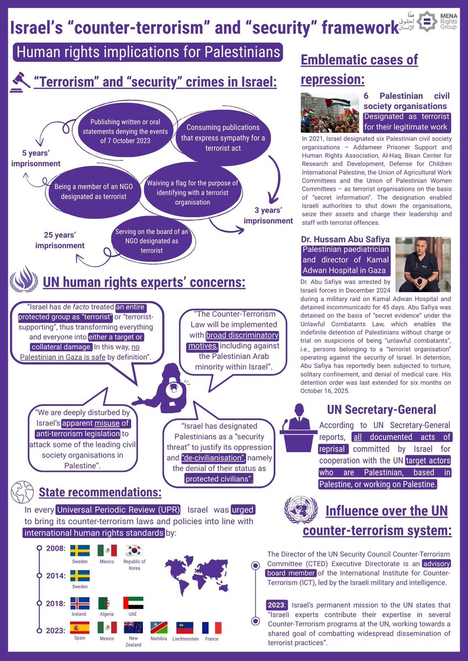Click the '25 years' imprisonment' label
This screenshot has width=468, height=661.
[x=60, y=240]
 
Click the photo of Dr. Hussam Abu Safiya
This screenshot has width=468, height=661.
[x=423, y=264]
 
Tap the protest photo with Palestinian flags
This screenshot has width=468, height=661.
[x=329, y=112]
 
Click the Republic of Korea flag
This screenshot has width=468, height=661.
[x=135, y=550]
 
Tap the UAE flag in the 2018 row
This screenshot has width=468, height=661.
[x=133, y=603]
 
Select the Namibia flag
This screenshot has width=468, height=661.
[x=159, y=627]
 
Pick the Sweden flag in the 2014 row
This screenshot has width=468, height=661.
[x=81, y=576]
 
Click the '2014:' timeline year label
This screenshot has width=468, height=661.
[x=57, y=576]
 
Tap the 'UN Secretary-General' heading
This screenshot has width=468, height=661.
[x=382, y=410]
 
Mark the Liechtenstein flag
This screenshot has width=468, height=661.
[x=185, y=627]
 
